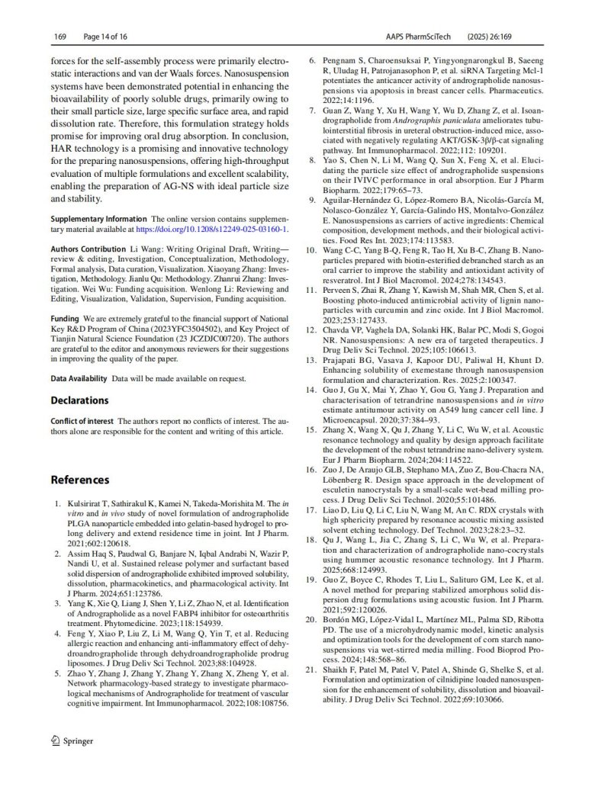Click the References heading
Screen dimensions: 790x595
pyautogui.click(x=80, y=480)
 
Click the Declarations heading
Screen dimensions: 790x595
pyautogui.click(x=79, y=400)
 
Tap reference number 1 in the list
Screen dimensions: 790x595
pyautogui.click(x=58, y=504)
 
